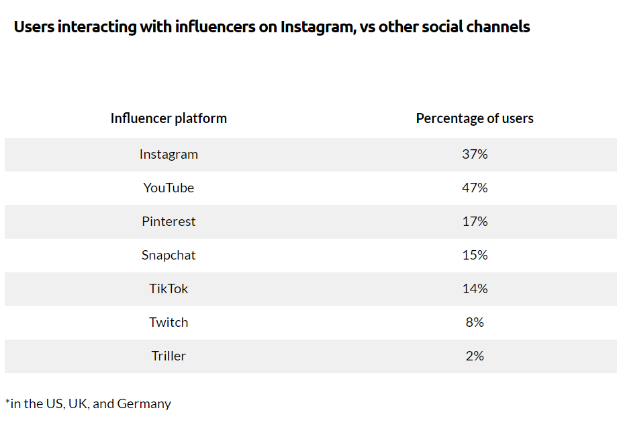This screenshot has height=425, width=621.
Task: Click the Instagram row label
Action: (169, 154)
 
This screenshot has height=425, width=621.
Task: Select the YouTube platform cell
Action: (169, 188)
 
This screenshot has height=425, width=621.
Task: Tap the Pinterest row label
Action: (169, 221)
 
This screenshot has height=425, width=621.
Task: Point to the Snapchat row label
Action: (169, 255)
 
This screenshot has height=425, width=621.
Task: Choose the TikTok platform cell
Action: (169, 288)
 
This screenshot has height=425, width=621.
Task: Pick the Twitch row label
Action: (169, 322)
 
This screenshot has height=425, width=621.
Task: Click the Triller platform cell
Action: (169, 356)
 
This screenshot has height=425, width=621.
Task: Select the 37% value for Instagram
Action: (475, 154)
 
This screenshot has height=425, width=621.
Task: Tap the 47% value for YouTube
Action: (475, 188)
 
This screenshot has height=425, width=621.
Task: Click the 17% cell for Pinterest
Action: (475, 221)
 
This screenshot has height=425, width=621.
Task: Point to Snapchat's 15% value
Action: (475, 255)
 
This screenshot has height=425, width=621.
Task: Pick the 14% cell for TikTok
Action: (475, 288)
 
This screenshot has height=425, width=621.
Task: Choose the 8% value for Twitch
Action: (475, 322)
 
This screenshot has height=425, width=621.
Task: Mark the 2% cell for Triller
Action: (475, 356)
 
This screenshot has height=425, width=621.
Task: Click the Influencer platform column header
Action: (169, 118)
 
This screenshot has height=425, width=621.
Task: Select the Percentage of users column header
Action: (475, 118)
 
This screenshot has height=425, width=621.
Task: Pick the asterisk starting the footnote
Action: (8, 402)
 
